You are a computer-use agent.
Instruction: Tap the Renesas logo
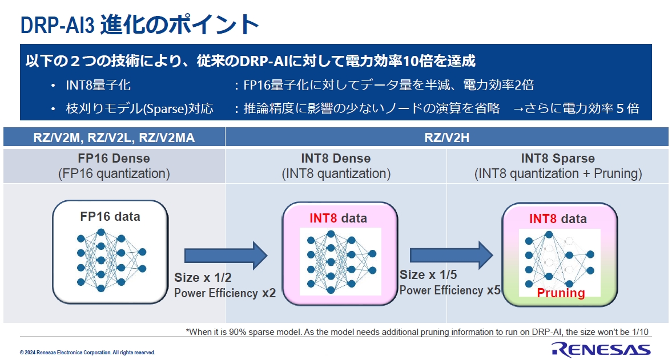[x=600, y=349]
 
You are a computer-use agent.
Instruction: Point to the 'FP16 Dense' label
[x=114, y=159]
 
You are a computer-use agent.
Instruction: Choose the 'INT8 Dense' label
[x=336, y=159]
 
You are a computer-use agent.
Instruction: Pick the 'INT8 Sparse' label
[x=557, y=159]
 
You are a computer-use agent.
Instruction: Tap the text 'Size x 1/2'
[x=203, y=278]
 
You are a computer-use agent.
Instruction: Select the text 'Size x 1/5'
[x=428, y=275]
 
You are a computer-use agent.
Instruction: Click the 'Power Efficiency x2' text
[x=225, y=293]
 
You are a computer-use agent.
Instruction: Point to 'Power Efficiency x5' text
[x=450, y=290]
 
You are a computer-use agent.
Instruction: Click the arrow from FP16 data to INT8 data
[x=226, y=255]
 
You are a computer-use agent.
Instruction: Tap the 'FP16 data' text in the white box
[x=110, y=217]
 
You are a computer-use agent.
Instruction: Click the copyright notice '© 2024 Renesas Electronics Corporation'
[x=87, y=353]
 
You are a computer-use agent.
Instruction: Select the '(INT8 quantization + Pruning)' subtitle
[x=558, y=174]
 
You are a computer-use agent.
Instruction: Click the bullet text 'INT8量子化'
[x=98, y=86]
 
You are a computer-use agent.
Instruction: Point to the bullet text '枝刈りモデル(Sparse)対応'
[x=139, y=108]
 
